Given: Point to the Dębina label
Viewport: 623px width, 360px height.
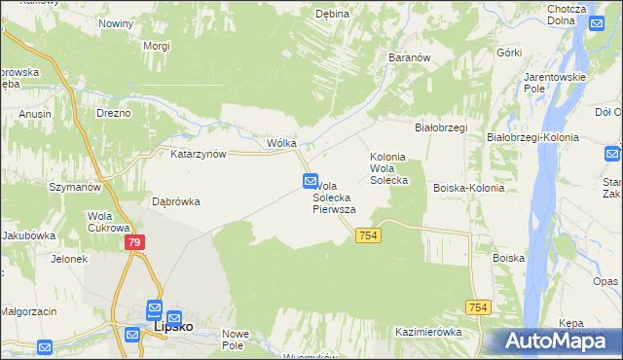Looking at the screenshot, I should [x=332, y=14].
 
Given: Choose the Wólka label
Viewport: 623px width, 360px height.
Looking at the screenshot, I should [x=281, y=143].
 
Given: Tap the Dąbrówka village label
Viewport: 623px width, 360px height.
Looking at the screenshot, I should [x=176, y=201].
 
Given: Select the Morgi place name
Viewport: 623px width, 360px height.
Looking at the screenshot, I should [x=156, y=46].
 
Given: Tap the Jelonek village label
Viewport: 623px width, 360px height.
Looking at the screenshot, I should [x=70, y=259].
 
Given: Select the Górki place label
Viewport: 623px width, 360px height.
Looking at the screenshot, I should [x=510, y=53].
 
